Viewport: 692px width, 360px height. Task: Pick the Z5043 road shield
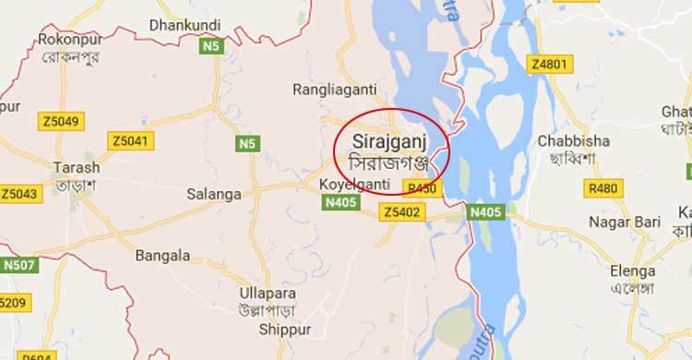(20, 194)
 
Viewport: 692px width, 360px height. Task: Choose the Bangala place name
(162, 255)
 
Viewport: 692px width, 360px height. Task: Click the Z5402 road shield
(402, 213)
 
